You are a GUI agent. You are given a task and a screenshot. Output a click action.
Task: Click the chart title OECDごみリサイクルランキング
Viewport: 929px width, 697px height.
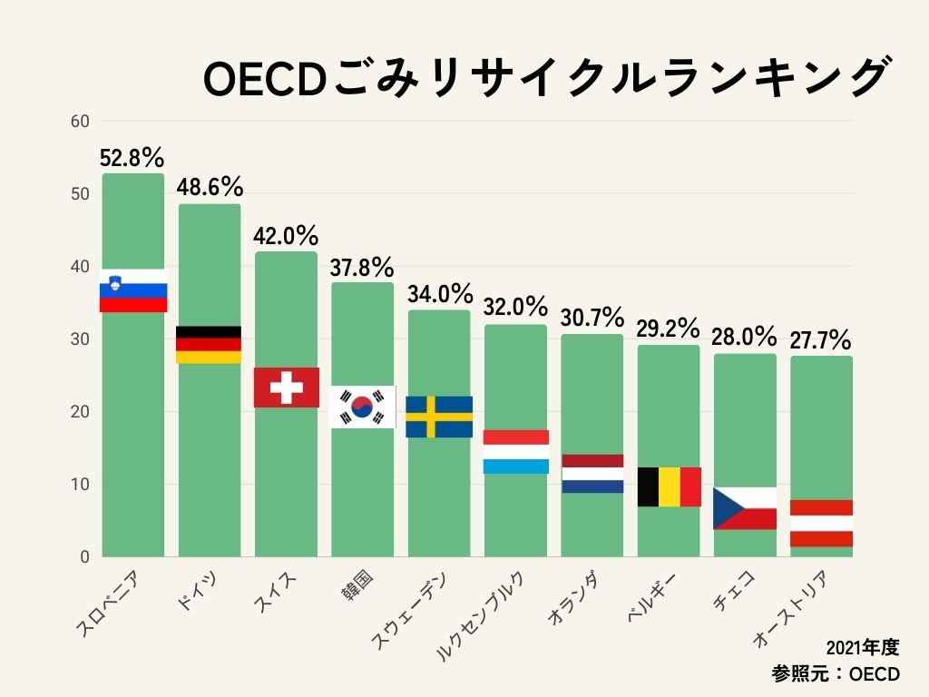click(544, 79)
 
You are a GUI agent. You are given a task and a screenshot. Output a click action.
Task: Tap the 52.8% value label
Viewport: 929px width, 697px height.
click(132, 158)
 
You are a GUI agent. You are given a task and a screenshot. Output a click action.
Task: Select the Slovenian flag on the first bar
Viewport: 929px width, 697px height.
click(133, 290)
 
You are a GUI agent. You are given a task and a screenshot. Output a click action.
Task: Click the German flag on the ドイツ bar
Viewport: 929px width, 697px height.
click(209, 345)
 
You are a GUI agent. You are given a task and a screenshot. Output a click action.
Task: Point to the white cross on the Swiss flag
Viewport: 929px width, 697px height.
click(287, 388)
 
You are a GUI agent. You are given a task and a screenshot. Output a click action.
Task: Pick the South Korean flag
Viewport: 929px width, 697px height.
click(362, 407)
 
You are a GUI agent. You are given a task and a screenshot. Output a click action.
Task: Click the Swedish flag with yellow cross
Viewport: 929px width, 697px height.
click(439, 417)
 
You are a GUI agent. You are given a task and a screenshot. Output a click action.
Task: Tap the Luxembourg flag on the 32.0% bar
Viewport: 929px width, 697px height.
click(515, 452)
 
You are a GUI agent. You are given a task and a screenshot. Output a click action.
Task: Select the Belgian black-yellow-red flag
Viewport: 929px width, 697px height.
click(670, 486)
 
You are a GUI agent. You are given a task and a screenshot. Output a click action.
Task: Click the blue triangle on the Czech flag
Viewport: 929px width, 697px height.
click(723, 508)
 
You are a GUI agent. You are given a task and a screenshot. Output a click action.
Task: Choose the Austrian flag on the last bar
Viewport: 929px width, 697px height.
click(821, 524)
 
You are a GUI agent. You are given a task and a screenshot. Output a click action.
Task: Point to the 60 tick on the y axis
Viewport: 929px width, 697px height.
click(80, 122)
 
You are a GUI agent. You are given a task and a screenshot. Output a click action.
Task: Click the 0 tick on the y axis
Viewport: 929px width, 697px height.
click(84, 556)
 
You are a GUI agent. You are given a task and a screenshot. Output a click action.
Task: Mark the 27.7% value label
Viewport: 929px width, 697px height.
click(820, 341)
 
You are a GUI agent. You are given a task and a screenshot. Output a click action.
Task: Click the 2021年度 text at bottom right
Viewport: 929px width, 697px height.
click(863, 647)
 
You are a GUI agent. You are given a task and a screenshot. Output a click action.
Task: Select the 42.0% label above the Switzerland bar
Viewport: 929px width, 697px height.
click(286, 236)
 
